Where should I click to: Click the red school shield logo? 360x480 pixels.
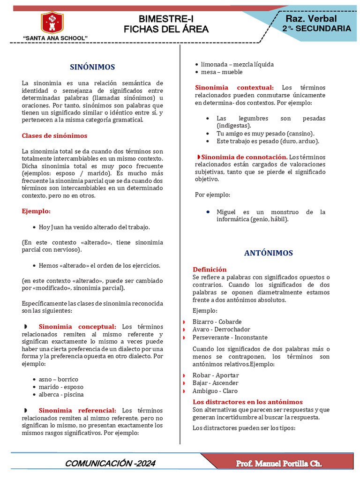pyautogui.click(x=52, y=22)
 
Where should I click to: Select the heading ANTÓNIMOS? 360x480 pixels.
pyautogui.click(x=268, y=253)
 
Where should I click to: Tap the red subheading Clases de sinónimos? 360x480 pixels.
pyautogui.click(x=54, y=136)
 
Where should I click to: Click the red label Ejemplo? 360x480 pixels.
pyautogui.click(x=36, y=211)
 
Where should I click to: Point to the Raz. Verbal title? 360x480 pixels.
pyautogui.click(x=311, y=19)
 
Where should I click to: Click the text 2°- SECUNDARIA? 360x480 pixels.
pyautogui.click(x=316, y=29)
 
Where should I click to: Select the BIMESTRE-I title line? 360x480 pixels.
pyautogui.click(x=166, y=19)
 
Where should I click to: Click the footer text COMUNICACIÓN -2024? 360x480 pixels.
pyautogui.click(x=110, y=464)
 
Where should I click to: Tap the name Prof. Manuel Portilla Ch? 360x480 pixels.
pyautogui.click(x=278, y=464)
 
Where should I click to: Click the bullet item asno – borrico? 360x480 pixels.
pyautogui.click(x=59, y=379)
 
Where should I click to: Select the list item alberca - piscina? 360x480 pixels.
pyautogui.click(x=61, y=395)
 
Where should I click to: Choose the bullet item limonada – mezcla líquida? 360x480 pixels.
pyautogui.click(x=237, y=64)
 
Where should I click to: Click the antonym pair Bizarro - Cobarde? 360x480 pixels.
pyautogui.click(x=217, y=322)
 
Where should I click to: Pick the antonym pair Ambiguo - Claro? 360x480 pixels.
pyautogui.click(x=215, y=391)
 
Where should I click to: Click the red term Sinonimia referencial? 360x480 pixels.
pyautogui.click(x=77, y=411)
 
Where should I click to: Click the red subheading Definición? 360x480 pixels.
pyautogui.click(x=210, y=270)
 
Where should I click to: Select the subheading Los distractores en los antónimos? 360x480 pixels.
pyautogui.click(x=247, y=402)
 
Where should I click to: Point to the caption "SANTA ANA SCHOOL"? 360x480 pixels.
pyautogui.click(x=55, y=37)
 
